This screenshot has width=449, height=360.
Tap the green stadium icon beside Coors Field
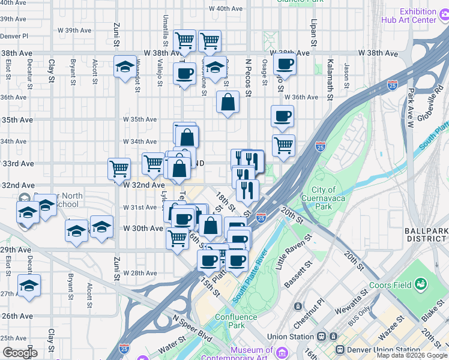click(421, 283)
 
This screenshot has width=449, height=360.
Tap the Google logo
click(19, 352)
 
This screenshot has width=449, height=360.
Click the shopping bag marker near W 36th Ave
click(228, 101)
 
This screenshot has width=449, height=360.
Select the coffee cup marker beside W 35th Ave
click(282, 116)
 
